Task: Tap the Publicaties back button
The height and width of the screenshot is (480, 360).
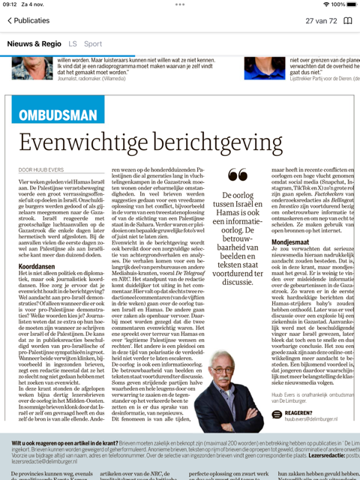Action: pos(28,20)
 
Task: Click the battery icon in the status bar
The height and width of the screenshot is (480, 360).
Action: pos(349,4)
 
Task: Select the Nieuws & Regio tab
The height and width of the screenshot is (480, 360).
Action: pos(34,43)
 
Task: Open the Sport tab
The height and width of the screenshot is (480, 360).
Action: pos(93,43)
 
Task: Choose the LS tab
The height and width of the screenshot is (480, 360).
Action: pos(72,43)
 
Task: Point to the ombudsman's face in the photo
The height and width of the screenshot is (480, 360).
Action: pos(226,374)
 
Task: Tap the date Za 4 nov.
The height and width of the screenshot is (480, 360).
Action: pos(31,4)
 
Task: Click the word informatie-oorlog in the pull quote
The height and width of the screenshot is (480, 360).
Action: pos(237,221)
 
